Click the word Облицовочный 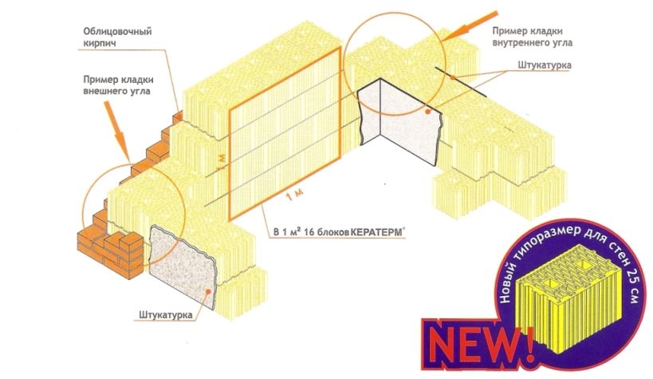pyautogui.click(x=117, y=32)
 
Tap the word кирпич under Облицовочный pyautogui.click(x=100, y=43)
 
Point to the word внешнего pyautogui.click(x=104, y=91)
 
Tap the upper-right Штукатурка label pyautogui.click(x=545, y=65)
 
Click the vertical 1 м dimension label pyautogui.click(x=221, y=162)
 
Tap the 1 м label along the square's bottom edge pyautogui.click(x=294, y=195)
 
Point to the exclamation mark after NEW pyautogui.click(x=528, y=345)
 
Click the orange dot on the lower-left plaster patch pyautogui.click(x=207, y=291)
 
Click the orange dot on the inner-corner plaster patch pyautogui.click(x=427, y=112)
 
